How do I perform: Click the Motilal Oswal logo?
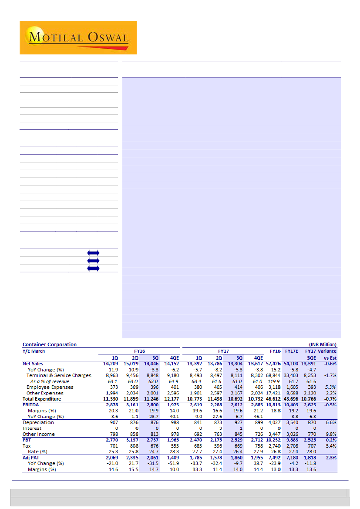[78, 37]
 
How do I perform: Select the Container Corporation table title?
[50, 344]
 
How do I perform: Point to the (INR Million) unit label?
[323, 344]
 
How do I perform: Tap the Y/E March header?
[34, 351]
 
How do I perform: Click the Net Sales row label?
[33, 363]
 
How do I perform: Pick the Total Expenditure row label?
[42, 399]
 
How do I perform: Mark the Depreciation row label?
[38, 422]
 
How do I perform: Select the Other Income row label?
[38, 434]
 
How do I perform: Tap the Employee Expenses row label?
[50, 387]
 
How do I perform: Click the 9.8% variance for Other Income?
[330, 434]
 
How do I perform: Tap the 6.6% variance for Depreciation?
[330, 422]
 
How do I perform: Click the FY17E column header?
[292, 351]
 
